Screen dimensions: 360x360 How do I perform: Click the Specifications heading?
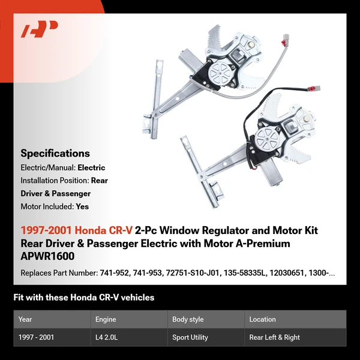pyautogui.click(x=55, y=153)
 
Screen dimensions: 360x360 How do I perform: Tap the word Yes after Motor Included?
pyautogui.click(x=83, y=206)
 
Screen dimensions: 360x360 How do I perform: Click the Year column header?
pyautogui.click(x=25, y=319)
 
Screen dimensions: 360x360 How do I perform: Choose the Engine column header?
pyautogui.click(x=106, y=319)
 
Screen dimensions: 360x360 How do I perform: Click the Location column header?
pyautogui.click(x=263, y=319)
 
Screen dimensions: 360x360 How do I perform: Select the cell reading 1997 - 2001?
pyautogui.click(x=36, y=337)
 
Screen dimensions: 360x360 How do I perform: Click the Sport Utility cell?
pyautogui.click(x=190, y=337)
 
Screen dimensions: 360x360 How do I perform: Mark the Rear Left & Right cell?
pyautogui.click(x=275, y=337)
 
